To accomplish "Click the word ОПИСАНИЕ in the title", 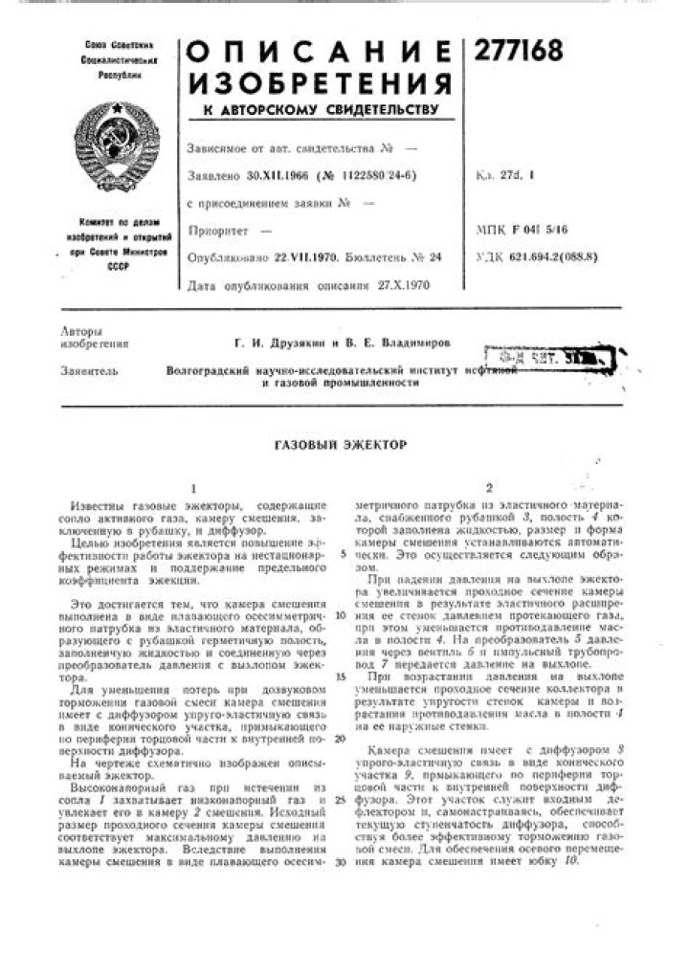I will [319, 54].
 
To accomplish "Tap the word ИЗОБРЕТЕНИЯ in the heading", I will [319, 83].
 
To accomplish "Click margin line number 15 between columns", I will [341, 676].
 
